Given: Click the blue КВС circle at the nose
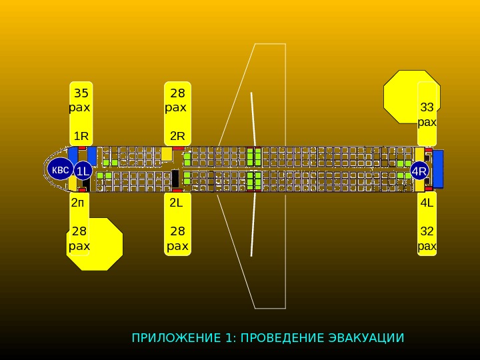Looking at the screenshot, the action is tap(60, 170).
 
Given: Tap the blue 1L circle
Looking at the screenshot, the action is tap(83, 171).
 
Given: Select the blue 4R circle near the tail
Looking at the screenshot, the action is tap(419, 171).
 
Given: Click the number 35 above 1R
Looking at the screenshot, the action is tap(82, 93).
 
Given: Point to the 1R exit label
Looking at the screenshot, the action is tap(81, 136).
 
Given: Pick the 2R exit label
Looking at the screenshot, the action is tap(177, 136).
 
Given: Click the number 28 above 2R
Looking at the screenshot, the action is tap(177, 93).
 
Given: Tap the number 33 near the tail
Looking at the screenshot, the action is tap(427, 107).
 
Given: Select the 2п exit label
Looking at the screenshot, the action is tap(79, 203).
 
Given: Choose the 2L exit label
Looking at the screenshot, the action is tap(176, 203).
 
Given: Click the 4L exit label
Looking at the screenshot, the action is tap(427, 203).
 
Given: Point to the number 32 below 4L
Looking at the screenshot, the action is tap(427, 231).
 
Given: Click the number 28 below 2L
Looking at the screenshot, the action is tap(177, 231).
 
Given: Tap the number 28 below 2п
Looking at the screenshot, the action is tap(79, 231).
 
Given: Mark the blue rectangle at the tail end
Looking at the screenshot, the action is tap(438, 169).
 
